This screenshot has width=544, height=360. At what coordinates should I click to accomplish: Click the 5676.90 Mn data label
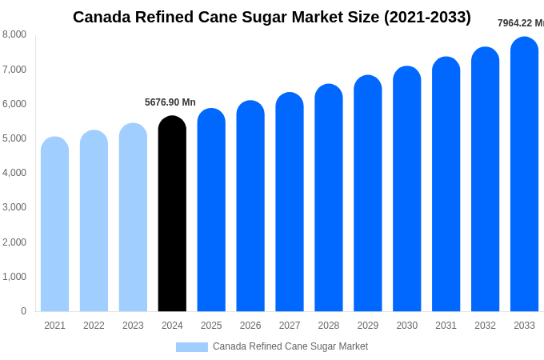point(170,102)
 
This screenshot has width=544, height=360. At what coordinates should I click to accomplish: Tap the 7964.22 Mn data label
point(521,23)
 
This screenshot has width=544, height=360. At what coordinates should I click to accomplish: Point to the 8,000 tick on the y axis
point(14,34)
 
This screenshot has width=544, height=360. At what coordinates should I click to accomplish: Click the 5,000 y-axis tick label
point(14,138)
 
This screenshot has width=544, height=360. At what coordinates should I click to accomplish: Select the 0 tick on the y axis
point(23,311)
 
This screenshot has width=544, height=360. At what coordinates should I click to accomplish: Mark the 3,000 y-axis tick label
point(14,207)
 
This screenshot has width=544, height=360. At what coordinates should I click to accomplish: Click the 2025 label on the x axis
point(211,326)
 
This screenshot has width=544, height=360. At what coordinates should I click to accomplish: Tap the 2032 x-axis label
point(485,326)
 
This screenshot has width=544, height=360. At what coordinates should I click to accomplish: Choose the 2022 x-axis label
point(94,326)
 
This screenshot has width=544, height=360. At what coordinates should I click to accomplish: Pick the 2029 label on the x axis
point(367,326)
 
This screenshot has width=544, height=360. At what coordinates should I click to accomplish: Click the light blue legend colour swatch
point(192,347)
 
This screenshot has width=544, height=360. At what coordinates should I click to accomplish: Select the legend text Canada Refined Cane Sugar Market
point(290,346)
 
